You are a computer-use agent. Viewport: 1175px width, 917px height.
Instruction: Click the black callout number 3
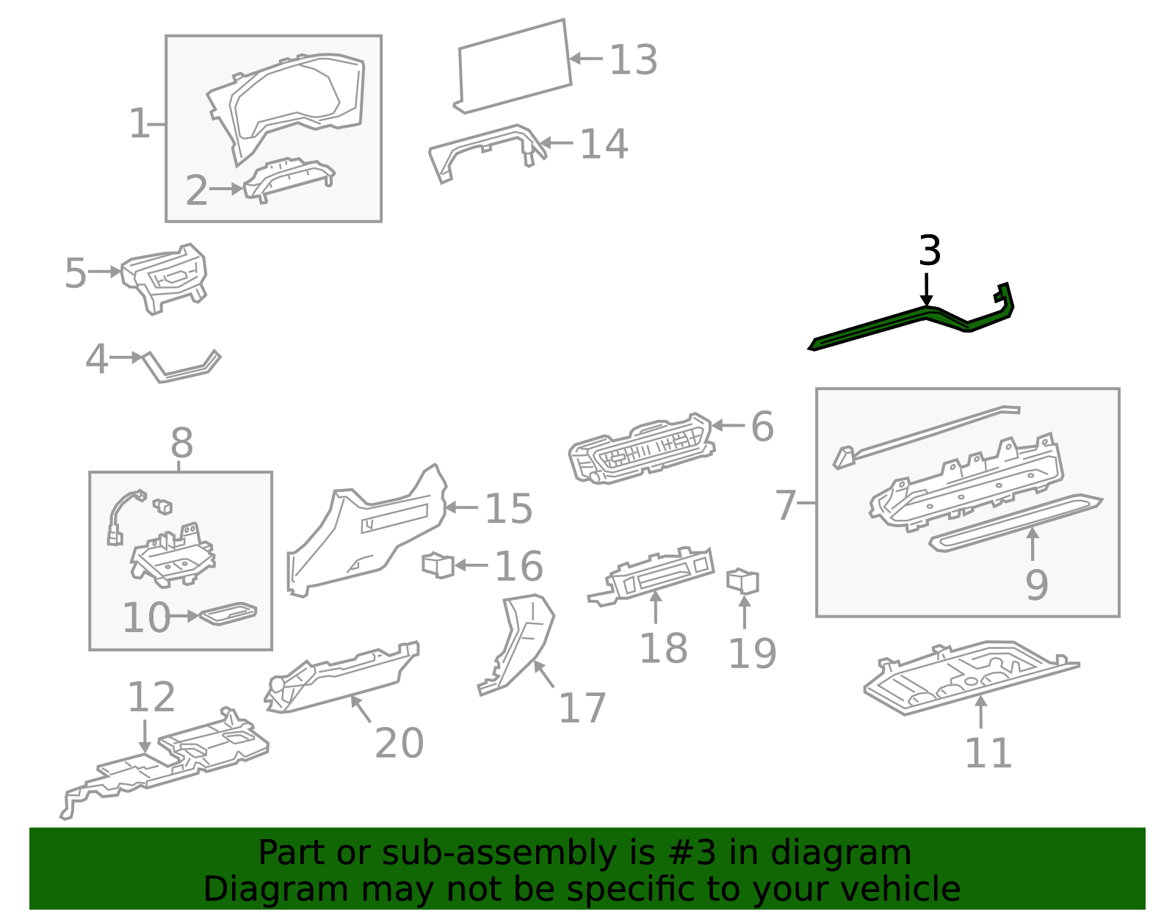929,251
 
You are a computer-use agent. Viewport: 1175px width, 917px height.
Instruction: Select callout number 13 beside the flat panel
633,60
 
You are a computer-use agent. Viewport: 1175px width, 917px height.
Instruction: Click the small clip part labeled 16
438,565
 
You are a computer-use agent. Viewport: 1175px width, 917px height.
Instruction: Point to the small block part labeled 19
742,581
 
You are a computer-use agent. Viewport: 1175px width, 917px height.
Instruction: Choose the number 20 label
399,743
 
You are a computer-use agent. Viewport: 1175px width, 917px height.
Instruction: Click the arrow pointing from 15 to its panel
462,507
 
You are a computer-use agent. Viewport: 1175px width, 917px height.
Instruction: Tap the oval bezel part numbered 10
228,613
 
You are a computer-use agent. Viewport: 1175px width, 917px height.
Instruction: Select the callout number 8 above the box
181,443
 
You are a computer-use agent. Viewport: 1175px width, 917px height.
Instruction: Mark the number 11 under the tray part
988,753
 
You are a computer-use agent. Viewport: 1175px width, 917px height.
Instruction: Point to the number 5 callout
75,273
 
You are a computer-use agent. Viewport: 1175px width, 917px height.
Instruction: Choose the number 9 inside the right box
1036,585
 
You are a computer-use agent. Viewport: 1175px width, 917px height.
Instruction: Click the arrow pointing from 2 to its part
225,189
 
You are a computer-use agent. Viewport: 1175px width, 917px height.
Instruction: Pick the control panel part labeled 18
654,575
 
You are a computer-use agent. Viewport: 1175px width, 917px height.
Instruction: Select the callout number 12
151,697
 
